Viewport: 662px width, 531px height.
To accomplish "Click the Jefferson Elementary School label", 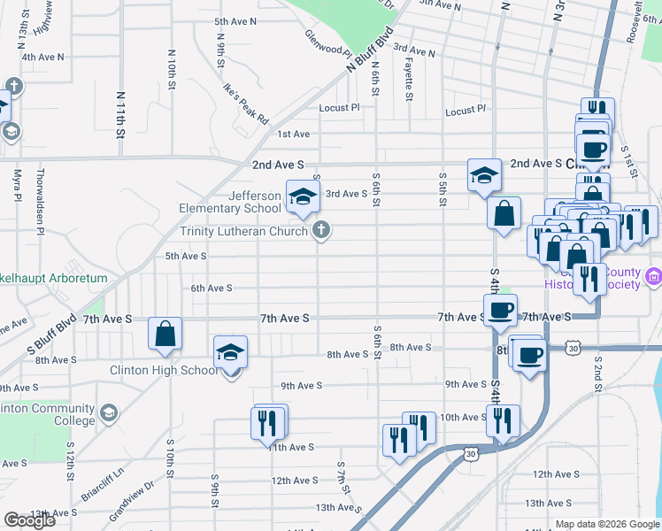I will [230, 202].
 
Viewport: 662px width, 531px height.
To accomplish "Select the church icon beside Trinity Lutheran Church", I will [321, 232].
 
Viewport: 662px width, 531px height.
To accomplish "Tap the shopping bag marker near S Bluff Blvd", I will [165, 335].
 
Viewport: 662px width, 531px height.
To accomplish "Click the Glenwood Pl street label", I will [329, 41].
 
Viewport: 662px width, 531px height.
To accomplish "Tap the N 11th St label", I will [119, 113].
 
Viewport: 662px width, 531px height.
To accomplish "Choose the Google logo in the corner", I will [29, 520].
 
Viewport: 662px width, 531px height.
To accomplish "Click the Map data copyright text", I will [608, 524].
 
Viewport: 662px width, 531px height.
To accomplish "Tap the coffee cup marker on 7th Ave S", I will [500, 311].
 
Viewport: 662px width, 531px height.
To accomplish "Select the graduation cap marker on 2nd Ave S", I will [484, 175].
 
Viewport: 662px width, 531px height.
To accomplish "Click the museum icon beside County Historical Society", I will [654, 278].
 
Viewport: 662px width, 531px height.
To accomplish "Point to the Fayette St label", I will [410, 75].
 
